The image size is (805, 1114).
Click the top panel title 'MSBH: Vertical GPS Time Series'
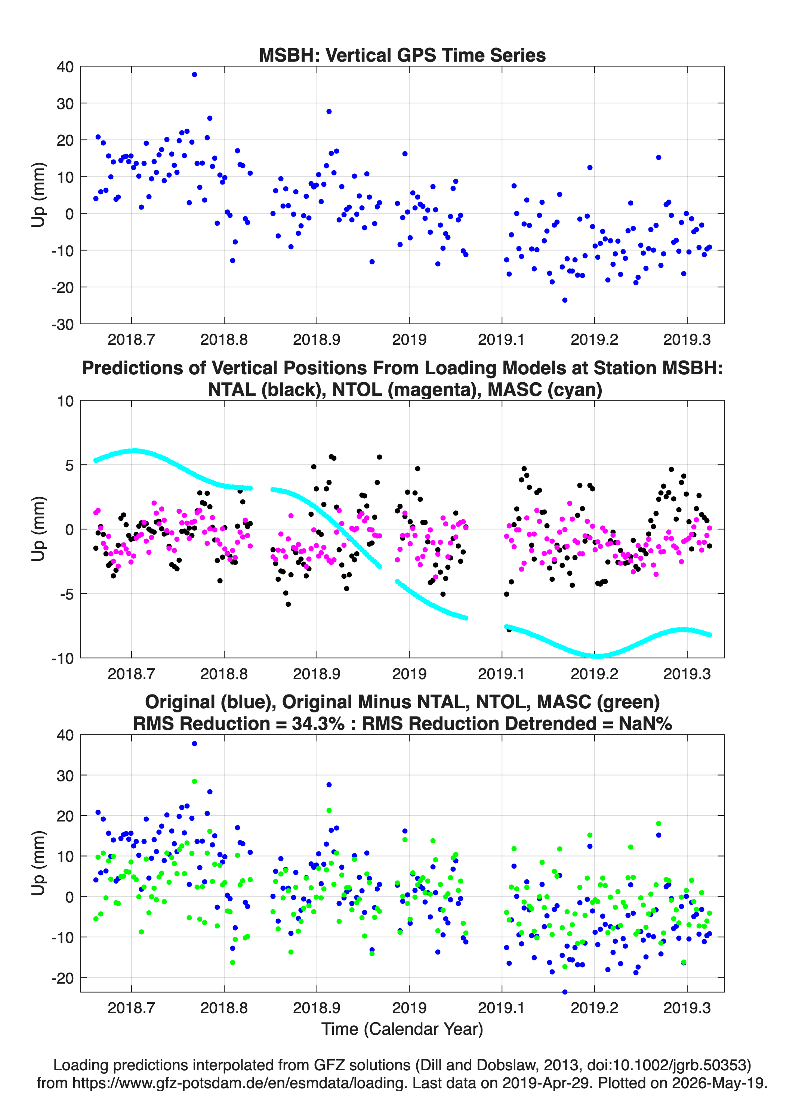point(402,55)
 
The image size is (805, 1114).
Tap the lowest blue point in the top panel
point(565,300)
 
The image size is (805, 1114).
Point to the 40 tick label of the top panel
point(65,67)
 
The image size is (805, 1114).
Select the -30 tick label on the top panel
point(62,324)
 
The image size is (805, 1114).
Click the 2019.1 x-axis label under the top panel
point(502,340)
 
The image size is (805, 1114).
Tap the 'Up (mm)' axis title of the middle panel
point(38,529)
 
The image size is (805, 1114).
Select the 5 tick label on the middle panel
point(69,465)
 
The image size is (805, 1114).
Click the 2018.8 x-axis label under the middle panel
point(224,674)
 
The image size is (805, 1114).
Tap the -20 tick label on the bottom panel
point(62,978)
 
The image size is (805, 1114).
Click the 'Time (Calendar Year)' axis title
point(402,1029)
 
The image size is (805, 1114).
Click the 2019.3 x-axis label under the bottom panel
point(687,1008)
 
